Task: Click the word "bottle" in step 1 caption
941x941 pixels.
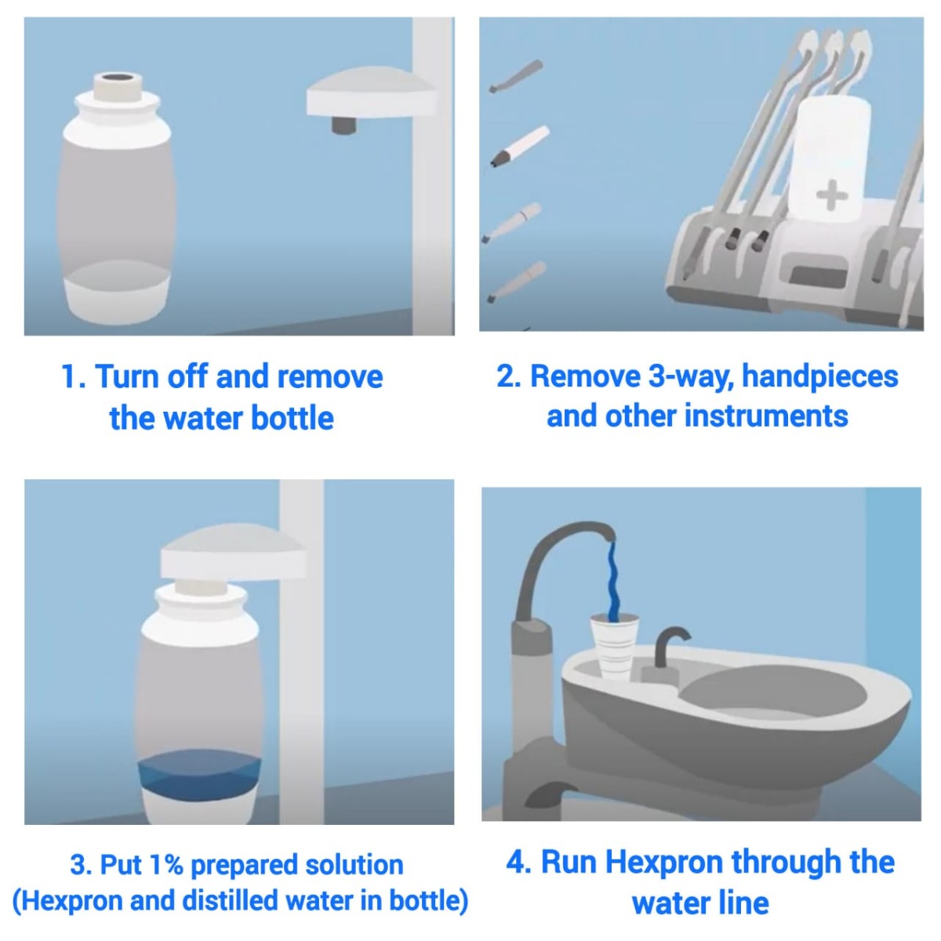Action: tap(291, 418)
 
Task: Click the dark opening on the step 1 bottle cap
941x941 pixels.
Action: tap(118, 79)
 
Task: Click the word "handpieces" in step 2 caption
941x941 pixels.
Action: tap(819, 376)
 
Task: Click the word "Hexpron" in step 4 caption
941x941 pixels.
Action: tap(665, 862)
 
